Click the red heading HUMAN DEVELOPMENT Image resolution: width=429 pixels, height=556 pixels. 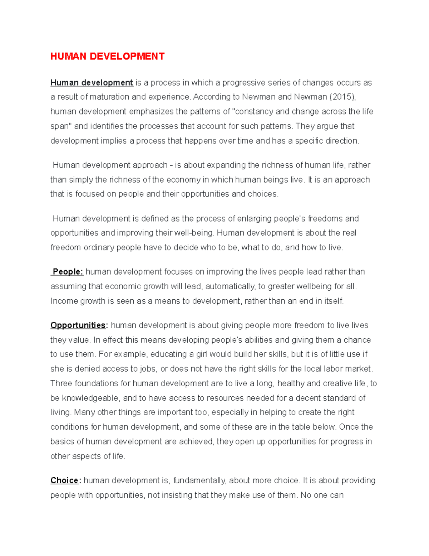pyautogui.click(x=107, y=57)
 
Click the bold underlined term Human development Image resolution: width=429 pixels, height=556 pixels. pyautogui.click(x=92, y=83)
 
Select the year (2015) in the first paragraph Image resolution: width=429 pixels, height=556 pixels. pyautogui.click(x=342, y=97)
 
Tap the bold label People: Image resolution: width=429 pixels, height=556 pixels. pyautogui.click(x=68, y=272)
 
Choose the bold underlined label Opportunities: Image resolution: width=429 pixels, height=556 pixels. pyautogui.click(x=79, y=325)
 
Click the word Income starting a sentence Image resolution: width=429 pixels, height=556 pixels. pyautogui.click(x=61, y=301)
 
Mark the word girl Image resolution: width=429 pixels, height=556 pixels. pyautogui.click(x=202, y=354)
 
